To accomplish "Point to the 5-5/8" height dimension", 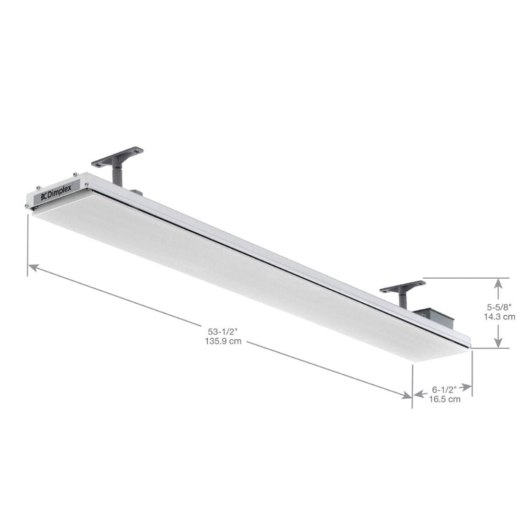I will click(499, 307).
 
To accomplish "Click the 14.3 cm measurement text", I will click(499, 316).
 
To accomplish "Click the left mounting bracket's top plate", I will click(117, 156).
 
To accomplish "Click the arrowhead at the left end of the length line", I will click(33, 267).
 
